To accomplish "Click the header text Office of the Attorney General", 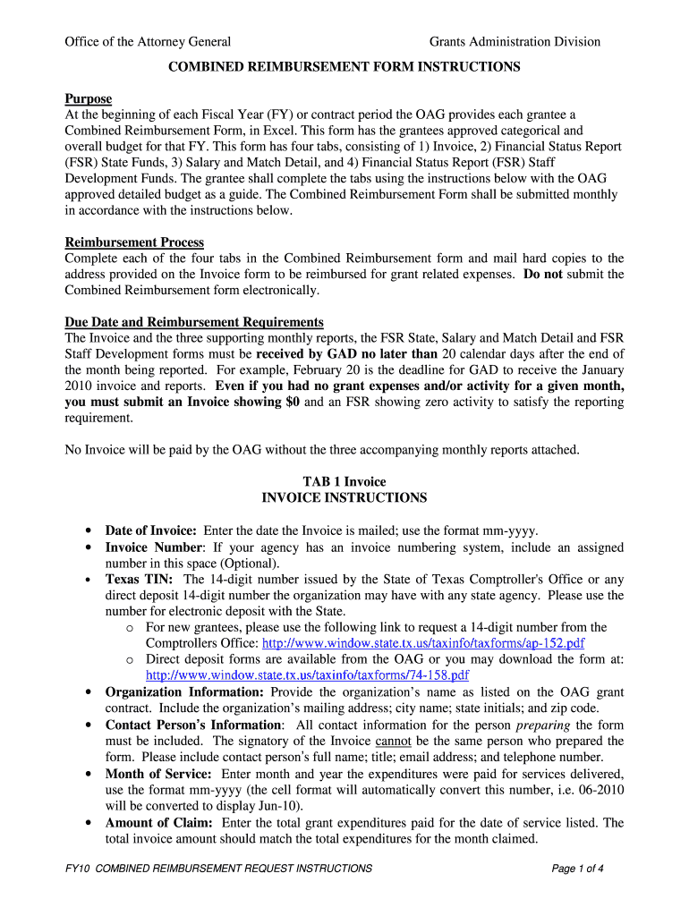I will pos(148,41).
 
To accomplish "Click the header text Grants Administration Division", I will pos(515,41).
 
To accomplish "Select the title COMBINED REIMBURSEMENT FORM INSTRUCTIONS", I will pos(344,66).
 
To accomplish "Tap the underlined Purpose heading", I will pos(89,98).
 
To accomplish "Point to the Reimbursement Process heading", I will pos(134,242).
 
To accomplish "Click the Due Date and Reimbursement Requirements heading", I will pos(194,322).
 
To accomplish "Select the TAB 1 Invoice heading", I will pos(344,481).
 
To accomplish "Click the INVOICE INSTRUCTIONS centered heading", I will pos(344,497).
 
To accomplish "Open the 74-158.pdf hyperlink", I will pos(307,675).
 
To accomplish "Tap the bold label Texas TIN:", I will pos(140,579).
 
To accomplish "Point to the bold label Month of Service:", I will pos(158,773).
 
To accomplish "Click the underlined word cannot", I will pos(391,741).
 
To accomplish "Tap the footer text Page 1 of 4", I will pos(578,868).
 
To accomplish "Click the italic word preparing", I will pos(543,725).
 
